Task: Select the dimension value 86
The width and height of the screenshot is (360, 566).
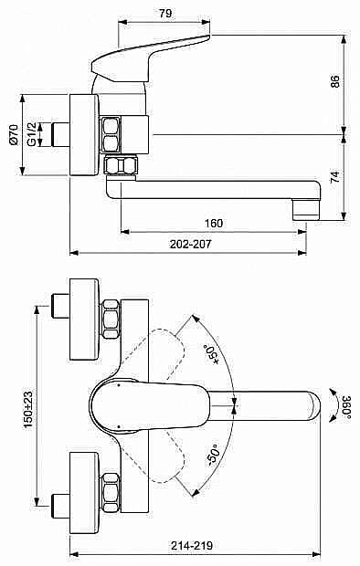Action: (335, 82)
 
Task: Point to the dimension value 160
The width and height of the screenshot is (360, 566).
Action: (213, 223)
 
